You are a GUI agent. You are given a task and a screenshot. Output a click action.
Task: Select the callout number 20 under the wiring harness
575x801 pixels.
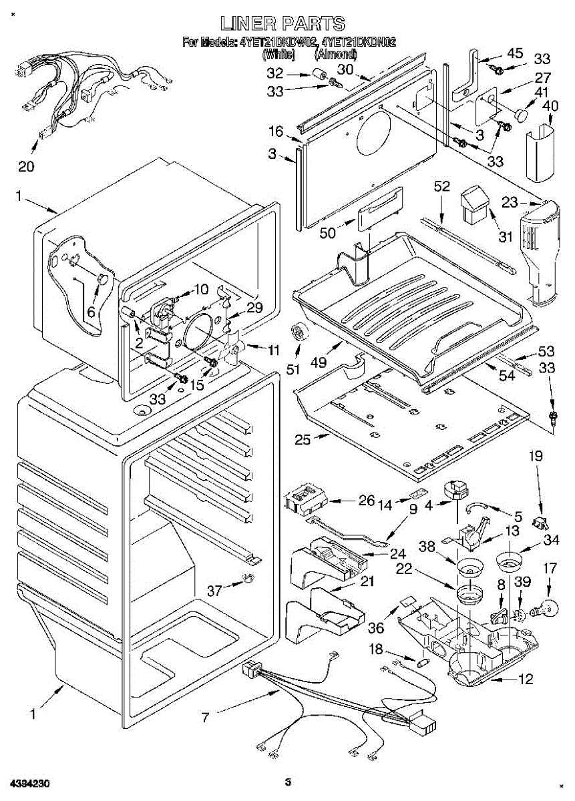click(x=26, y=166)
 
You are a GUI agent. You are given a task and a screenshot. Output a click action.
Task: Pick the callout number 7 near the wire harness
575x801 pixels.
click(x=206, y=718)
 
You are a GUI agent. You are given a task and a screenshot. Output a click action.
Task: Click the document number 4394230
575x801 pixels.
click(x=29, y=781)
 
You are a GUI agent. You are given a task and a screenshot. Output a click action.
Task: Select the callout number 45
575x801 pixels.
click(x=515, y=53)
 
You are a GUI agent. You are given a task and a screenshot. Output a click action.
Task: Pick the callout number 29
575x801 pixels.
click(x=254, y=308)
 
